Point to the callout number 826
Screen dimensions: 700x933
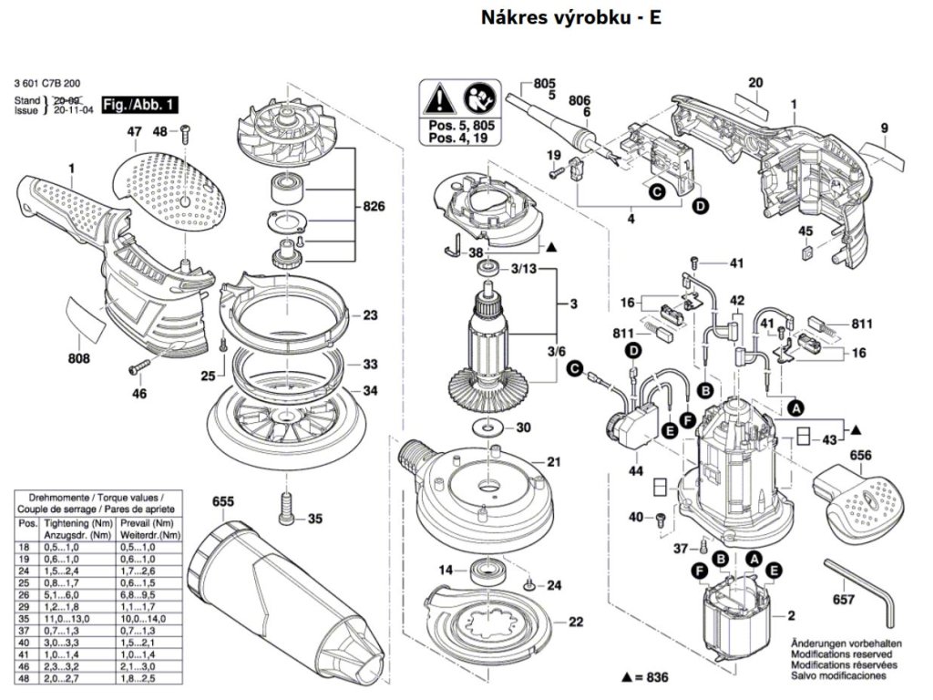click(x=373, y=207)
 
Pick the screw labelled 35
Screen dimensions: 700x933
click(x=284, y=506)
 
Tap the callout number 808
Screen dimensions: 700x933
click(x=79, y=359)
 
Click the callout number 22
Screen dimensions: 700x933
click(x=575, y=623)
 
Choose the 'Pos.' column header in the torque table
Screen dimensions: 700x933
click(x=27, y=524)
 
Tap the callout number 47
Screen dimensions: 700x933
click(x=134, y=133)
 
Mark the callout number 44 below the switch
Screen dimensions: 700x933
click(x=635, y=471)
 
